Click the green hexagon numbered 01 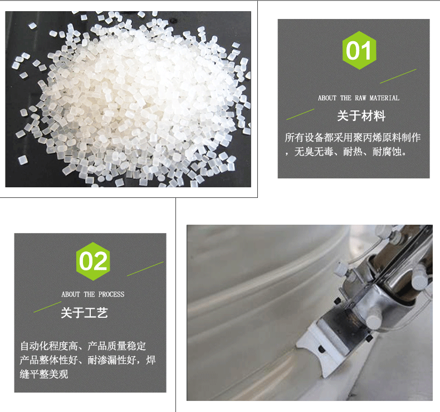359,50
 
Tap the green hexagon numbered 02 93,261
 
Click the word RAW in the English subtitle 360,98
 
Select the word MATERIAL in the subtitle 384,98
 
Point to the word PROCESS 111,294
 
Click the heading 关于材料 361,116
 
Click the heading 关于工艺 84,313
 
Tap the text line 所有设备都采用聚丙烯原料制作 353,137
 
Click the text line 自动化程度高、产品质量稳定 83,346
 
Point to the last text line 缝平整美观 44,374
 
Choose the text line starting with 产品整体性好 87,360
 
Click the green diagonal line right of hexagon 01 398,76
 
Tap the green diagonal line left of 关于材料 300,114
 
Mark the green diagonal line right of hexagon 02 145,269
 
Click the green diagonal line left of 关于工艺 47,307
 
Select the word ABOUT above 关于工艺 70,294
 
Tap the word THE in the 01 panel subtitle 346,98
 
